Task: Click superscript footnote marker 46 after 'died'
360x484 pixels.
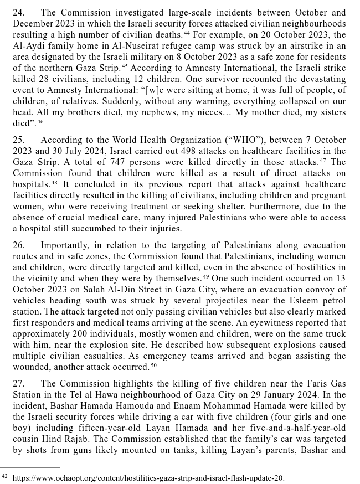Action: point(40,122)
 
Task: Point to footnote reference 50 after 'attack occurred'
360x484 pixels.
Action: point(153,365)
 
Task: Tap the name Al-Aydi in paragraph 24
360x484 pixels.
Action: point(28,46)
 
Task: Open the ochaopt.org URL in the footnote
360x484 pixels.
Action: point(148,477)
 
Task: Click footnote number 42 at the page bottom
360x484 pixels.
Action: point(4,476)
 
